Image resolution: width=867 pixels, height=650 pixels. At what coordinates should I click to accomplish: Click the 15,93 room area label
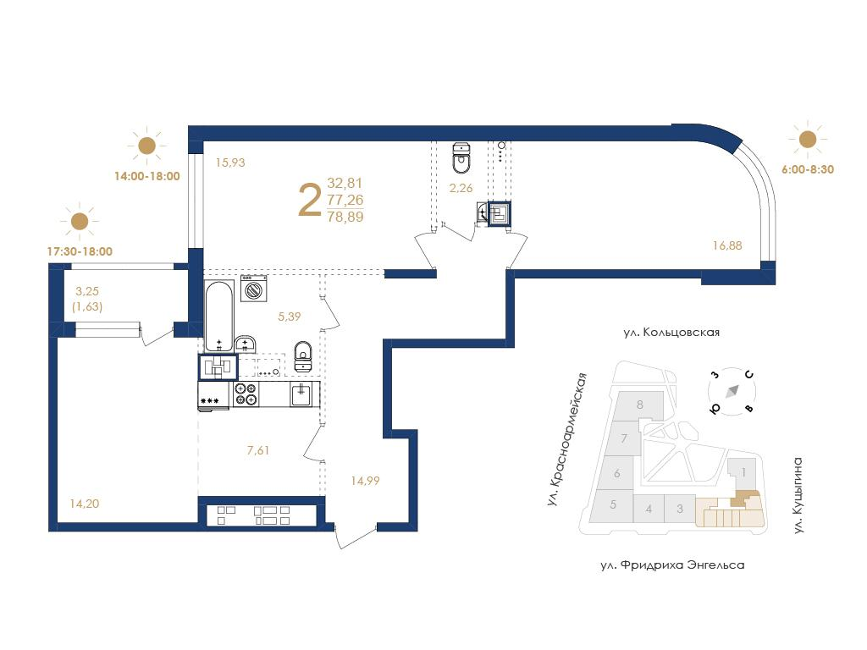[230, 162]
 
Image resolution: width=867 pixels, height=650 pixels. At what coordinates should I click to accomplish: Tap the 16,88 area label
[727, 245]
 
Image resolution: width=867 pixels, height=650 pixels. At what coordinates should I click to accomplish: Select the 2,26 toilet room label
[461, 188]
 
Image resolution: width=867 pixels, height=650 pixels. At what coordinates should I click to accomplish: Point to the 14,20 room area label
[85, 504]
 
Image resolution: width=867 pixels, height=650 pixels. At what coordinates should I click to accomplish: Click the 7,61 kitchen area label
[258, 450]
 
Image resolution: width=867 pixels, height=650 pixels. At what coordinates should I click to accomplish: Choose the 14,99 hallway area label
[365, 481]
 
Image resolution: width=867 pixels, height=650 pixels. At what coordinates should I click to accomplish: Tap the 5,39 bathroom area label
[290, 317]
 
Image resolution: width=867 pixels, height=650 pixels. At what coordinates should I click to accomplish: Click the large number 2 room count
[310, 201]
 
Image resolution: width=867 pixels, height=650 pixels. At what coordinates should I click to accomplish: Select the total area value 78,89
[345, 217]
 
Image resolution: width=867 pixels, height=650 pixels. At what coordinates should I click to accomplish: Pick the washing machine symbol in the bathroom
[254, 288]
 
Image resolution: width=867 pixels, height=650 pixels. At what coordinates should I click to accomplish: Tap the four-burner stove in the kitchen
[246, 394]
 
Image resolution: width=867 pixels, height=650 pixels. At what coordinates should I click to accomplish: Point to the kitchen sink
[301, 394]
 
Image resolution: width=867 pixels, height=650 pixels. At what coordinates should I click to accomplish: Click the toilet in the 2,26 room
[461, 157]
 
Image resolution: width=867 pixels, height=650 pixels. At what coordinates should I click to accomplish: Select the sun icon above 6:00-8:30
[807, 139]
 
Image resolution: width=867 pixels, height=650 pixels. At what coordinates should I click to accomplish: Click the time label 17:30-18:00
[80, 251]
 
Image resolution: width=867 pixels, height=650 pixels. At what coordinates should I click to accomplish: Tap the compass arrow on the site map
[733, 390]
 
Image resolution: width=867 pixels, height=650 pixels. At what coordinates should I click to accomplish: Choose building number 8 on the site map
[640, 405]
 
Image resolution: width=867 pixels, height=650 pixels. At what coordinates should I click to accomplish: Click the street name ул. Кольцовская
[671, 332]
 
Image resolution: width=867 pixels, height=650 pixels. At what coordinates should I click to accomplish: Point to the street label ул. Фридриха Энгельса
[672, 565]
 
